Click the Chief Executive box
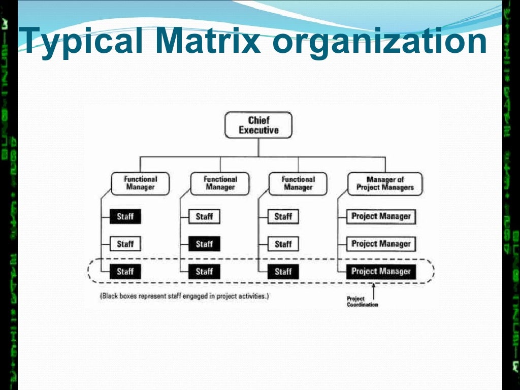click(258, 125)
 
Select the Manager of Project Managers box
click(385, 183)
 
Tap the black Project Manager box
click(381, 272)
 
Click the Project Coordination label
click(362, 302)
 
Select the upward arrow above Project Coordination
click(374, 289)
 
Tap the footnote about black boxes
click(184, 296)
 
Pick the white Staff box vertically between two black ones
click(125, 244)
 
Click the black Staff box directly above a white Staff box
click(125, 217)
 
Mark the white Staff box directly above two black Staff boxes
click(204, 217)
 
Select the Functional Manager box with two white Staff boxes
click(298, 183)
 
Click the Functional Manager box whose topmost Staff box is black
click(141, 183)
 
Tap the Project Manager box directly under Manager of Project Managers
click(381, 217)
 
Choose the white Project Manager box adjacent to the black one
click(381, 244)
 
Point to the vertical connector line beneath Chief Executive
click(258, 148)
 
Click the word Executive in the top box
click(258, 131)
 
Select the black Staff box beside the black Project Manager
click(283, 272)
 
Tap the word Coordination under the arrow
click(363, 305)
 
